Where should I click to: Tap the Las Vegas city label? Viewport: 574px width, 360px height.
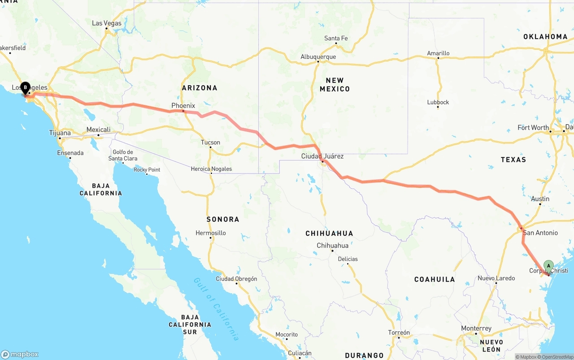tap(107, 23)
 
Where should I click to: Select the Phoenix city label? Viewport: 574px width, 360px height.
tap(183, 106)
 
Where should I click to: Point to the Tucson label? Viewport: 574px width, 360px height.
tap(210, 143)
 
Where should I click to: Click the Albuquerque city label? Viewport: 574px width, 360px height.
tap(318, 57)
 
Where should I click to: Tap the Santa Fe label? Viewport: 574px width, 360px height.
tap(336, 39)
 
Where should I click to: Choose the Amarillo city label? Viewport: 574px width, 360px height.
tap(438, 53)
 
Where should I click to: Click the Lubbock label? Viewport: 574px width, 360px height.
tap(438, 102)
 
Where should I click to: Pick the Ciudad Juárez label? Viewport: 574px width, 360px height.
tap(322, 156)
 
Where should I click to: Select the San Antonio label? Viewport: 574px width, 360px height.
tap(540, 233)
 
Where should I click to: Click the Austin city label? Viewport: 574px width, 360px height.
tap(540, 199)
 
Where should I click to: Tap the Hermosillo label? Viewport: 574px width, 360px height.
tap(211, 233)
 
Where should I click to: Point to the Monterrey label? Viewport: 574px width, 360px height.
tap(476, 329)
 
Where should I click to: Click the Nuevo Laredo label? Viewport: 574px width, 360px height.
tap(496, 278)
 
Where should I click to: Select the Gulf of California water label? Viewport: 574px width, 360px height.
tap(216, 309)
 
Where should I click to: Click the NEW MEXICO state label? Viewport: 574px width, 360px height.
tap(335, 85)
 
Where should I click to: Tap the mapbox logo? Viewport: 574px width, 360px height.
tap(20, 354)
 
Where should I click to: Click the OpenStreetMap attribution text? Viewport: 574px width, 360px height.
tap(557, 357)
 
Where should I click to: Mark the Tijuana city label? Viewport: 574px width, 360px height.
tap(60, 133)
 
